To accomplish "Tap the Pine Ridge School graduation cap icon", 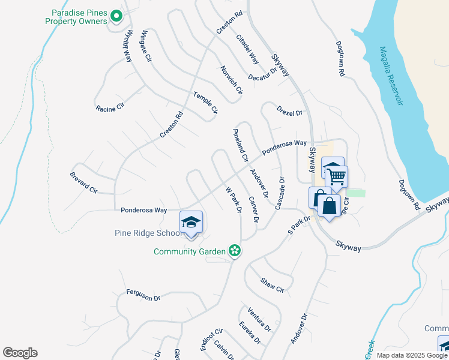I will coord(191,222).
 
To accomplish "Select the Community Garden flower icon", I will coord(235,251).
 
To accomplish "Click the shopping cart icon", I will coord(336,176).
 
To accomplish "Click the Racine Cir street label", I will coord(109,108).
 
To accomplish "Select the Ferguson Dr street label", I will coord(143,295).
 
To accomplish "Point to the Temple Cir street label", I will coord(205,102).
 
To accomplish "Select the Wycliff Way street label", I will coord(128,46).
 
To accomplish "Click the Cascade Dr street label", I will coord(279,193).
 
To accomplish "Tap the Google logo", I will coord(20,353).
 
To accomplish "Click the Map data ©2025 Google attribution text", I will coord(412,355).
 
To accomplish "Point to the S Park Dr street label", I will coord(298,225).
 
